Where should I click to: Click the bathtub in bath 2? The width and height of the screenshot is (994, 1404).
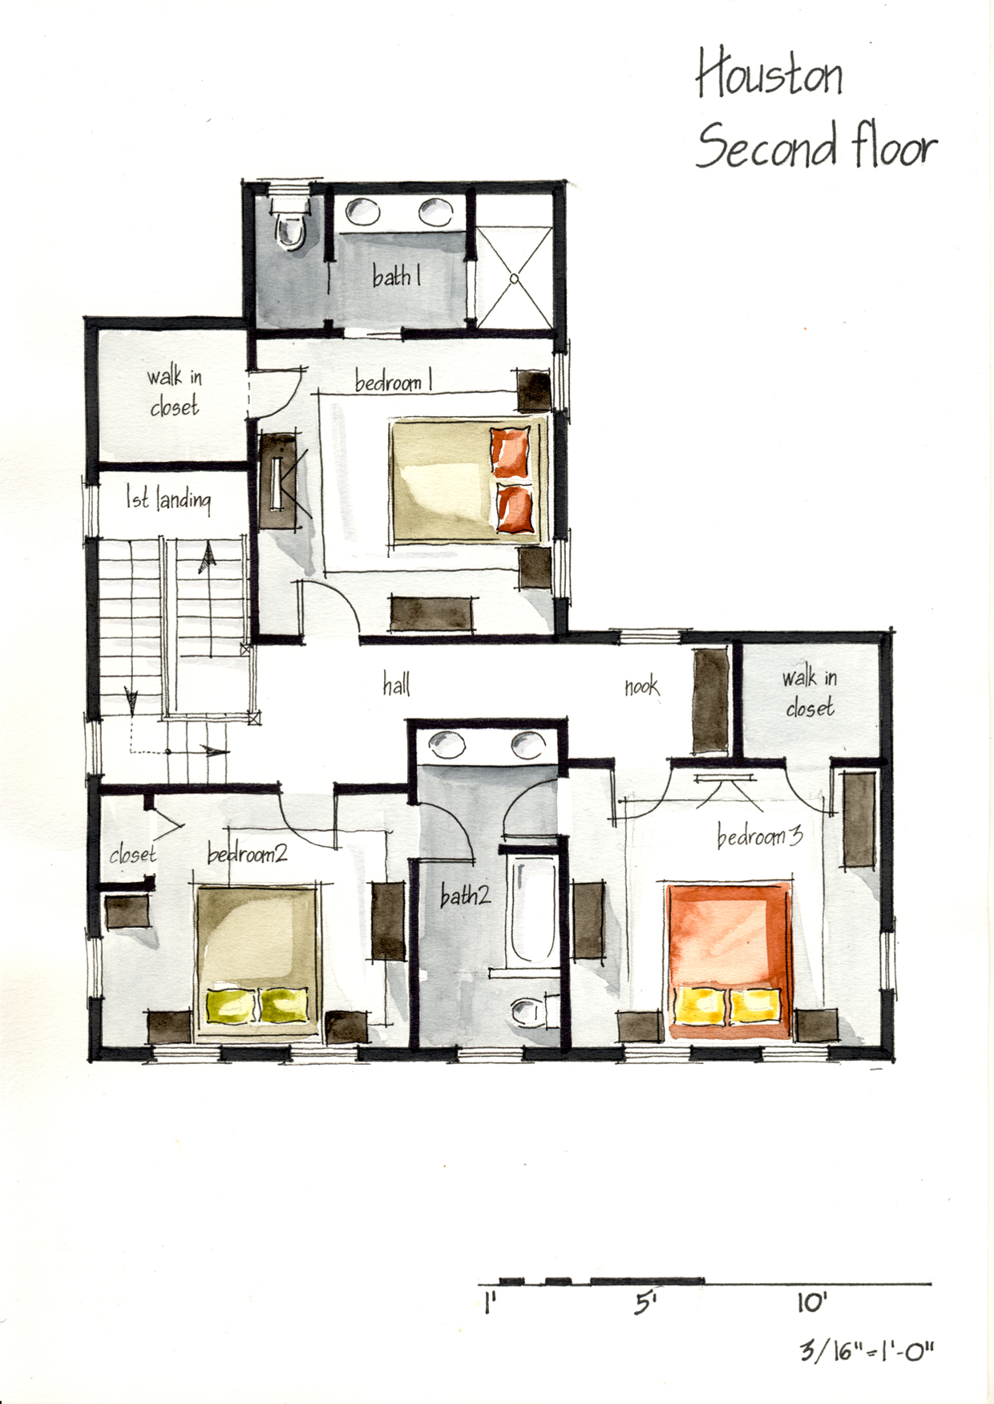532,912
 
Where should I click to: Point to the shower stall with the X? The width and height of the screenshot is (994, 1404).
515,278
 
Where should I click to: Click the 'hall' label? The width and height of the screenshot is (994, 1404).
396,684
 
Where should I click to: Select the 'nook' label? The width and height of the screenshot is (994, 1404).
641,686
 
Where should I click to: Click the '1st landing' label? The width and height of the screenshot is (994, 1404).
168,499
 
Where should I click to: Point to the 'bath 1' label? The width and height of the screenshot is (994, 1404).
397,276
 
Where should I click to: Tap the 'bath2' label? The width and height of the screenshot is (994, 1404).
465,894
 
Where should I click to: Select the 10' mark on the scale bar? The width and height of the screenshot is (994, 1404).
811,1303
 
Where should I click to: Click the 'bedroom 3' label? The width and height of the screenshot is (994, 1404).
759,836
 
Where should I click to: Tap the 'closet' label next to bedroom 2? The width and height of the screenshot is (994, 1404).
132,854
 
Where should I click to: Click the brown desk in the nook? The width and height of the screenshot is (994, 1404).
710,702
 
